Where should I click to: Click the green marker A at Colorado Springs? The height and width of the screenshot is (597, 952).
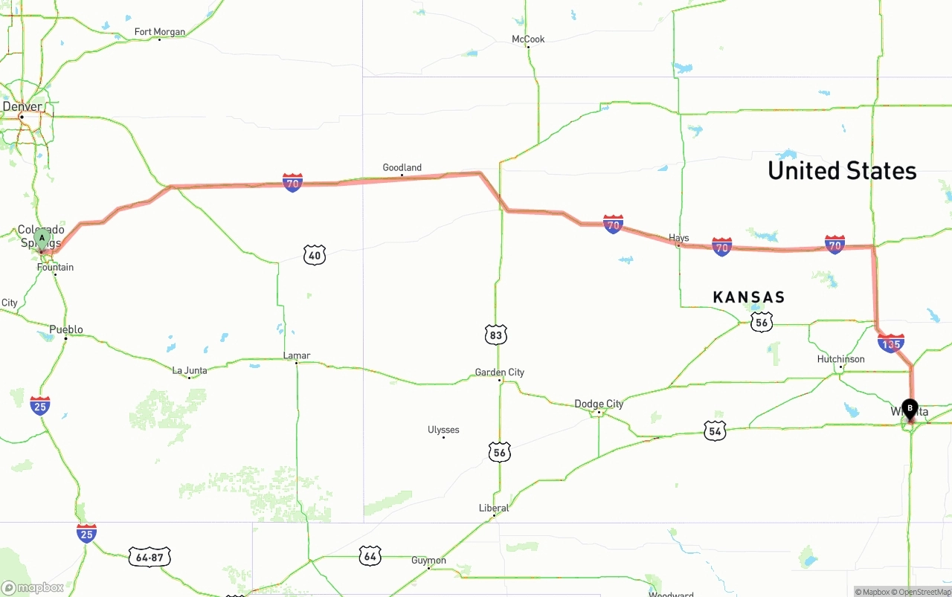point(42,239)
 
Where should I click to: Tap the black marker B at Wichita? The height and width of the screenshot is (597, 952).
point(910,408)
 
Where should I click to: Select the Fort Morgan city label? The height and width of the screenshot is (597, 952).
point(159,32)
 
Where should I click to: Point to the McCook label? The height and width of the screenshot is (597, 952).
point(528,39)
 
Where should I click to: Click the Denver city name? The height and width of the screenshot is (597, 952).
point(22,107)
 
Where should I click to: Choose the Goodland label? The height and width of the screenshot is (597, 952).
point(402,168)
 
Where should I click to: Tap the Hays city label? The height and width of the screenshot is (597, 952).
point(678,239)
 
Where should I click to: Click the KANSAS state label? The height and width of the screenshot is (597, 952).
point(748,297)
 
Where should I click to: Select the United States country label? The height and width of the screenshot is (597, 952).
point(842,171)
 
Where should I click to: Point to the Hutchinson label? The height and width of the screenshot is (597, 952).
point(840,359)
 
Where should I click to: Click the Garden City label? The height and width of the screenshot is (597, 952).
point(500,372)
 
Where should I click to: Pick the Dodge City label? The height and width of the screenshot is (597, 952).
point(599,404)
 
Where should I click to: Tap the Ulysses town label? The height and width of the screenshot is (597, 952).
point(443,430)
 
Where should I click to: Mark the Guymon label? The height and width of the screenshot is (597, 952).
point(428,561)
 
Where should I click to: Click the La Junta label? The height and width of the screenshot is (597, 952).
point(190,370)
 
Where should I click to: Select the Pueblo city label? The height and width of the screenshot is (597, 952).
point(66,329)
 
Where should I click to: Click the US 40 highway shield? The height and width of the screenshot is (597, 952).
point(315,256)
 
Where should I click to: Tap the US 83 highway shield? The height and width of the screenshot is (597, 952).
point(496,335)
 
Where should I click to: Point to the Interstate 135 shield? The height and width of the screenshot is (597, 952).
point(890,343)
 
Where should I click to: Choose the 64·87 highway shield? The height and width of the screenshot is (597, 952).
point(149,557)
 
